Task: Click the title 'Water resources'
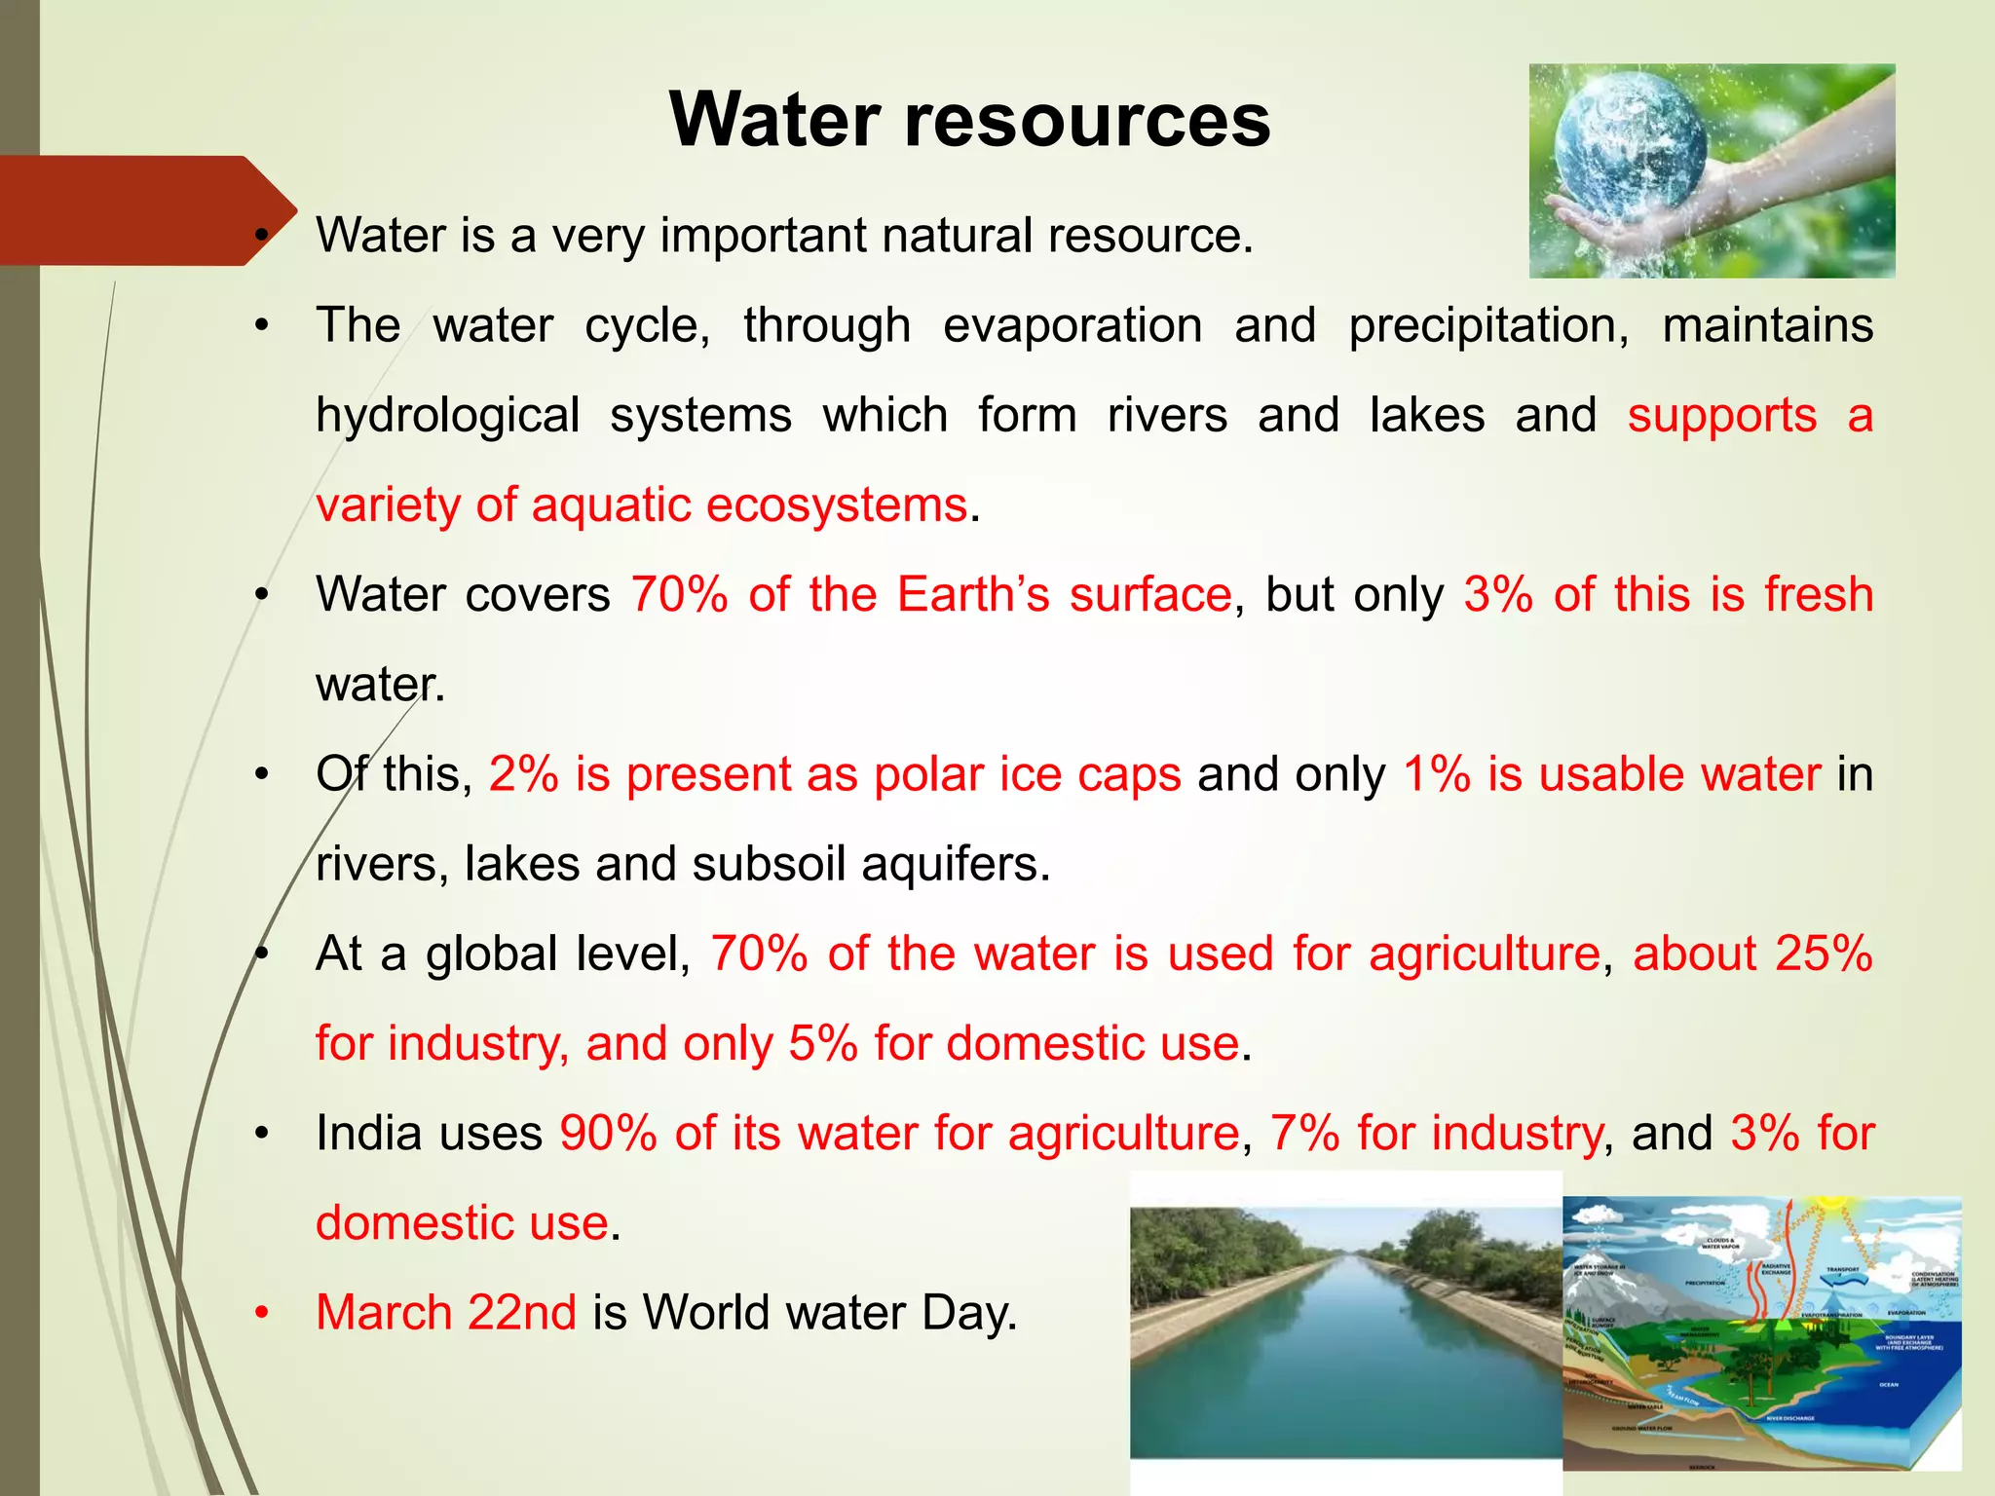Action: (x=969, y=120)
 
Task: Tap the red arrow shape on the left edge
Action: (x=146, y=210)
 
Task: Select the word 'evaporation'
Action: (x=1073, y=325)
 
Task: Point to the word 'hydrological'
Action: (x=448, y=416)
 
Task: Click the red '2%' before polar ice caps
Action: (x=524, y=774)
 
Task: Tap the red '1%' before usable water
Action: (x=1437, y=774)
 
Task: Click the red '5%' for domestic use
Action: (x=823, y=1043)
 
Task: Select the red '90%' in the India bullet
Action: (x=609, y=1133)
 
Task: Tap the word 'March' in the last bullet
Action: (x=384, y=1312)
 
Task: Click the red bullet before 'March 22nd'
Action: (x=261, y=1313)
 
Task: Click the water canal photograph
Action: (x=1345, y=1334)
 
